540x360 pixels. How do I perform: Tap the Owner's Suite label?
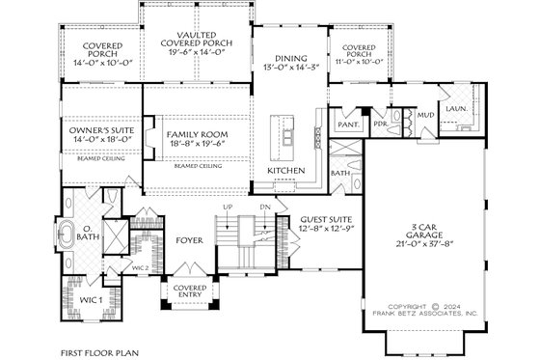point(94,129)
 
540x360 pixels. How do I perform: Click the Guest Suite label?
point(324,219)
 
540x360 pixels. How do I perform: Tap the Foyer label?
point(189,237)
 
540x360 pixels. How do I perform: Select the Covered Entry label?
point(188,292)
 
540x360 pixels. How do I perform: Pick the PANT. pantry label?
point(347,125)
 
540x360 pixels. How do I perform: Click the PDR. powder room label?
point(381,125)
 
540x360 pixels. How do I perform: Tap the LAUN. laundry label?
point(455,109)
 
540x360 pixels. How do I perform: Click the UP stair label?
point(227,208)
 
